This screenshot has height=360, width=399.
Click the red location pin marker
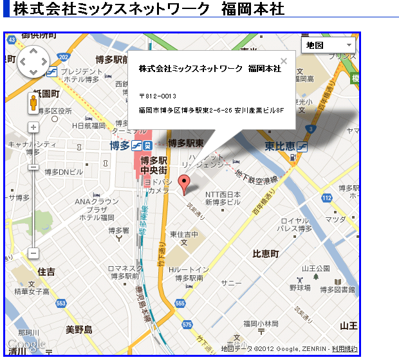(185, 183)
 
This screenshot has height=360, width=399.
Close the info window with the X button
(284, 62)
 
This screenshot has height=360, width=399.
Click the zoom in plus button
(33, 128)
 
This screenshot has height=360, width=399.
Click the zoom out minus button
(33, 253)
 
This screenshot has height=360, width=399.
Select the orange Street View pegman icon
(33, 103)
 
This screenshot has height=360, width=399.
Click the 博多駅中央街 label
(154, 165)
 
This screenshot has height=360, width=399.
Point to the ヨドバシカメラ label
(158, 186)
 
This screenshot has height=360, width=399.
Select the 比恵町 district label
(265, 254)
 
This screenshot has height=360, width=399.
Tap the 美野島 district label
(79, 330)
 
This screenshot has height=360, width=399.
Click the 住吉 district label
(46, 272)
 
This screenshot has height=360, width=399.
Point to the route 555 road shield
(180, 303)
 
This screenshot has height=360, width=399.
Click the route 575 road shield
(187, 325)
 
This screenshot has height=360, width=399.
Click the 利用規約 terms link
(344, 349)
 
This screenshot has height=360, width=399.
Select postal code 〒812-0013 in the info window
(158, 96)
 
